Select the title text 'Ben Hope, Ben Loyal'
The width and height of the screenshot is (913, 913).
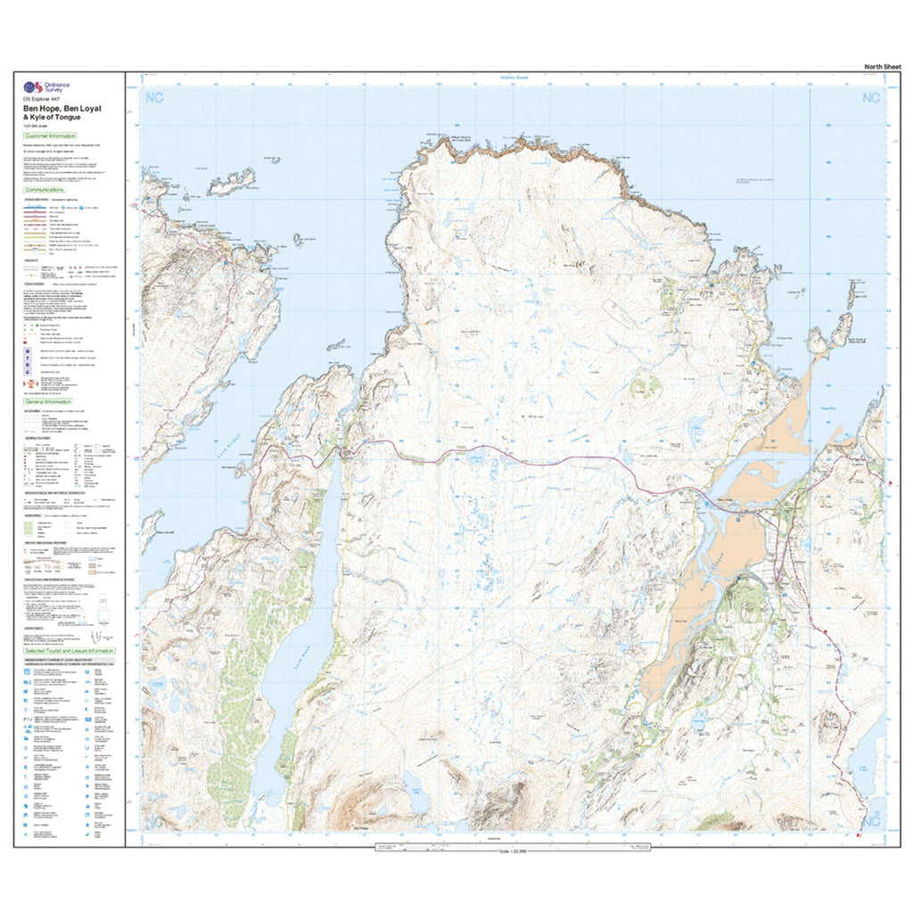pos(62,108)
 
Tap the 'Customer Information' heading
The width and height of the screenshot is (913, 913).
pos(50,136)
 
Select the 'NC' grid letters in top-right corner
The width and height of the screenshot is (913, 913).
pos(869,97)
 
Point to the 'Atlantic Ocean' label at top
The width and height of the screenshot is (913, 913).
pos(514,78)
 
